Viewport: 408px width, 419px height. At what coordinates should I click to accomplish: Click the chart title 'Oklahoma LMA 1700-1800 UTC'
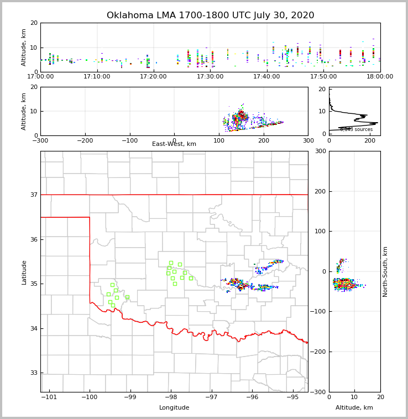click(210, 15)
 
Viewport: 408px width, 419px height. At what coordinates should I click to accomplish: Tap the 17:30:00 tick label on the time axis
click(210, 76)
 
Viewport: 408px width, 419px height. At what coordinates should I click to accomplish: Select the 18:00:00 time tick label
click(380, 76)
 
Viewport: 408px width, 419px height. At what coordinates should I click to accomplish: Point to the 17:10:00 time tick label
click(97, 76)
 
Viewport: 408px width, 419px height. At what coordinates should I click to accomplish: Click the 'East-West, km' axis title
click(174, 144)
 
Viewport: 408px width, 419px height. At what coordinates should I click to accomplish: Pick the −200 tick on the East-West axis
click(85, 140)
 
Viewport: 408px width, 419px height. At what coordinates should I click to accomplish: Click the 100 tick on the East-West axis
click(219, 140)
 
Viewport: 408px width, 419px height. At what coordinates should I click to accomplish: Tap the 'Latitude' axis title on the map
click(24, 272)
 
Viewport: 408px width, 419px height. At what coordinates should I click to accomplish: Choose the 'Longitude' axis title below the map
click(174, 408)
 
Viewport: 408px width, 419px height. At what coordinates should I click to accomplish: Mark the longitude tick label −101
click(50, 397)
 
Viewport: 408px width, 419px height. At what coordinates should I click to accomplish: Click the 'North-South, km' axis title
click(385, 271)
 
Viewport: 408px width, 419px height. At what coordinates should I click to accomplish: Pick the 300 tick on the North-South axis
click(320, 151)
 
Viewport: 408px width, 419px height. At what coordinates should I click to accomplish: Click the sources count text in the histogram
click(357, 129)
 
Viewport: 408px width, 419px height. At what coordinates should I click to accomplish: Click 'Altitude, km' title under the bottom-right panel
click(354, 408)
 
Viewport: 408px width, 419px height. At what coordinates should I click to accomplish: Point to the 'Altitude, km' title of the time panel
click(24, 47)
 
